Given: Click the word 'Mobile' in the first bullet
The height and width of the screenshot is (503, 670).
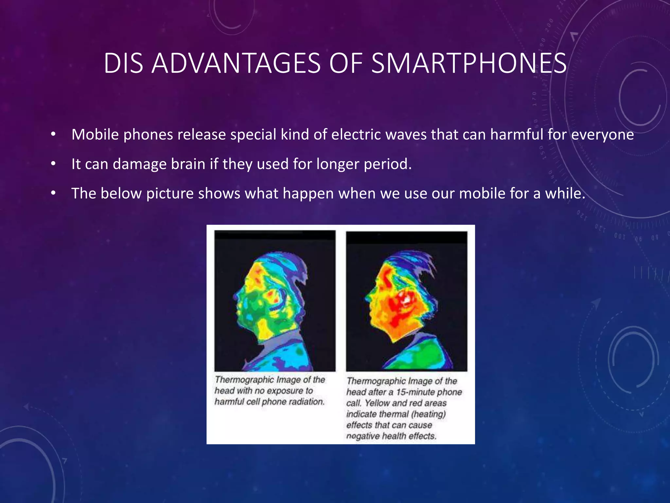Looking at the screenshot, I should tap(95, 134).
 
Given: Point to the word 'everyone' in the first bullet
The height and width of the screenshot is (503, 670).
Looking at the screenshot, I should tap(602, 135).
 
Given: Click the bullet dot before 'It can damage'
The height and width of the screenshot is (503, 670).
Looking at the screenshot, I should tap(53, 164).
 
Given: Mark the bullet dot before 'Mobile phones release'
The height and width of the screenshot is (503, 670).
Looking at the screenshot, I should tap(53, 134).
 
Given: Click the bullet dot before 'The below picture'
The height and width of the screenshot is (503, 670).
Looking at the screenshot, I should tap(53, 193).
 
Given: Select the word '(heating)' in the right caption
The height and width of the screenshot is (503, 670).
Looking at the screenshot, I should tap(428, 414).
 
